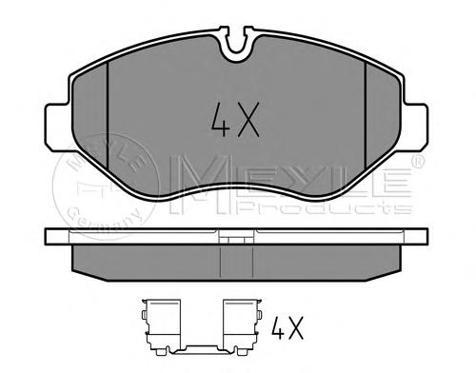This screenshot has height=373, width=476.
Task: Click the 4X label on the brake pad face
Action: (235, 120)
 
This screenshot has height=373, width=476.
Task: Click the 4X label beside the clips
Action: (288, 327)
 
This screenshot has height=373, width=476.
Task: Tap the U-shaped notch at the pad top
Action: (237, 44)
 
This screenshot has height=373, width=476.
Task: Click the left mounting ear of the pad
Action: (57, 125)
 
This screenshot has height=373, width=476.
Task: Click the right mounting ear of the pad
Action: (416, 125)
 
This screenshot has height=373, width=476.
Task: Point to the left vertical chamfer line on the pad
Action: (108, 115)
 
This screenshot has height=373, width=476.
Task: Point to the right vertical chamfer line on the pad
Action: (366, 115)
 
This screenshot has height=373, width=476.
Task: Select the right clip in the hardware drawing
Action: (242, 326)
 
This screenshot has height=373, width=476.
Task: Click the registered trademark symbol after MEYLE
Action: (418, 161)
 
